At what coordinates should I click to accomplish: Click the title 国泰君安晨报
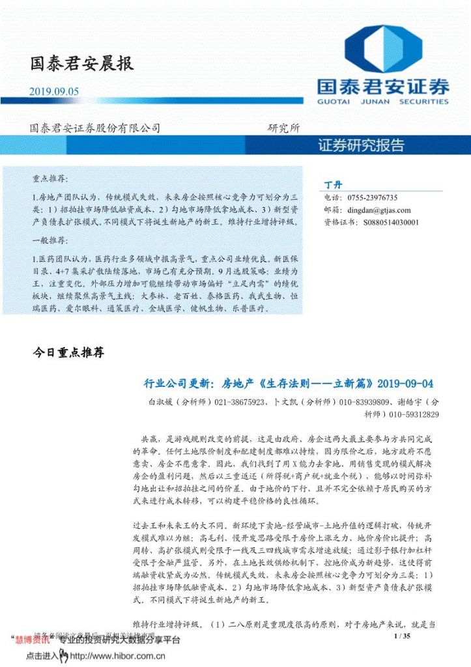click(x=81, y=64)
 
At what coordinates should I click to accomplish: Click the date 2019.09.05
click(x=54, y=92)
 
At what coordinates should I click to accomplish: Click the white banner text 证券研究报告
click(x=362, y=145)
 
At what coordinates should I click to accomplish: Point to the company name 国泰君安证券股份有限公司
click(x=95, y=128)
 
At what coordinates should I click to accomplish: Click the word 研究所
click(x=284, y=128)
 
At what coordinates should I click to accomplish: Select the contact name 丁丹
click(x=333, y=184)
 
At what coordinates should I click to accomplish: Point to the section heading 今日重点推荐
click(x=68, y=353)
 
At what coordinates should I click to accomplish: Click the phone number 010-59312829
click(x=414, y=414)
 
